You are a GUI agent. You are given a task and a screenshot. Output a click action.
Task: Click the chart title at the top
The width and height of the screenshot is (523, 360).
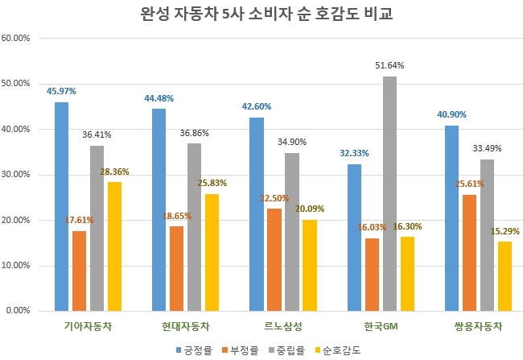click(x=261, y=15)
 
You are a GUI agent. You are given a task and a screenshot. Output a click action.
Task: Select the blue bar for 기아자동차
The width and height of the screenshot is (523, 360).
click(x=61, y=206)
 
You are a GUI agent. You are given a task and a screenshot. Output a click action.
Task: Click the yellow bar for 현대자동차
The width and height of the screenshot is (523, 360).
click(x=212, y=252)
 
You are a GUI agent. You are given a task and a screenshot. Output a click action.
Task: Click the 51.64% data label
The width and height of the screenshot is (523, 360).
click(x=389, y=65)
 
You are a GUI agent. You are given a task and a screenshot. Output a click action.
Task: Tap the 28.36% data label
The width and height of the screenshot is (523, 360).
click(x=114, y=171)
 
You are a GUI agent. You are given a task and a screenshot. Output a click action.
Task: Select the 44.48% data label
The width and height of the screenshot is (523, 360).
click(x=158, y=98)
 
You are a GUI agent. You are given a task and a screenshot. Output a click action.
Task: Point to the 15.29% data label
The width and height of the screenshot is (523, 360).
click(x=505, y=231)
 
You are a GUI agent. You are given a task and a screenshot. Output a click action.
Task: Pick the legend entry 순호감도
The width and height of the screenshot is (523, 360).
click(x=341, y=350)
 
